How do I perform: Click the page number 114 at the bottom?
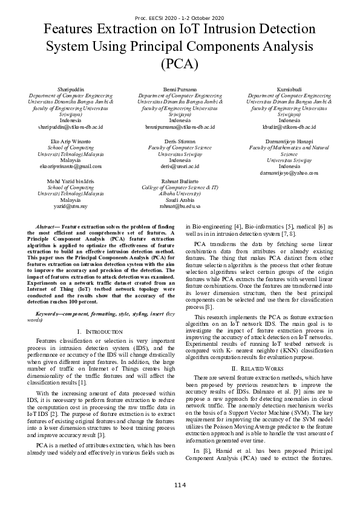pos(180,485)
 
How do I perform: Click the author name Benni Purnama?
pos(180,89)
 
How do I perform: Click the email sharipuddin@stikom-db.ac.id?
pos(71,127)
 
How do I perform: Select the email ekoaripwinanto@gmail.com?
pos(71,164)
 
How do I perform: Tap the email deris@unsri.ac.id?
pos(180,164)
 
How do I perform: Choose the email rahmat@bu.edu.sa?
pos(180,206)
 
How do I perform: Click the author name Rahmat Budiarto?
pos(180,181)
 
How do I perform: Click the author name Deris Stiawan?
pos(180,140)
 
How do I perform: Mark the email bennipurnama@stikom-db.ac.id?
pos(180,127)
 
